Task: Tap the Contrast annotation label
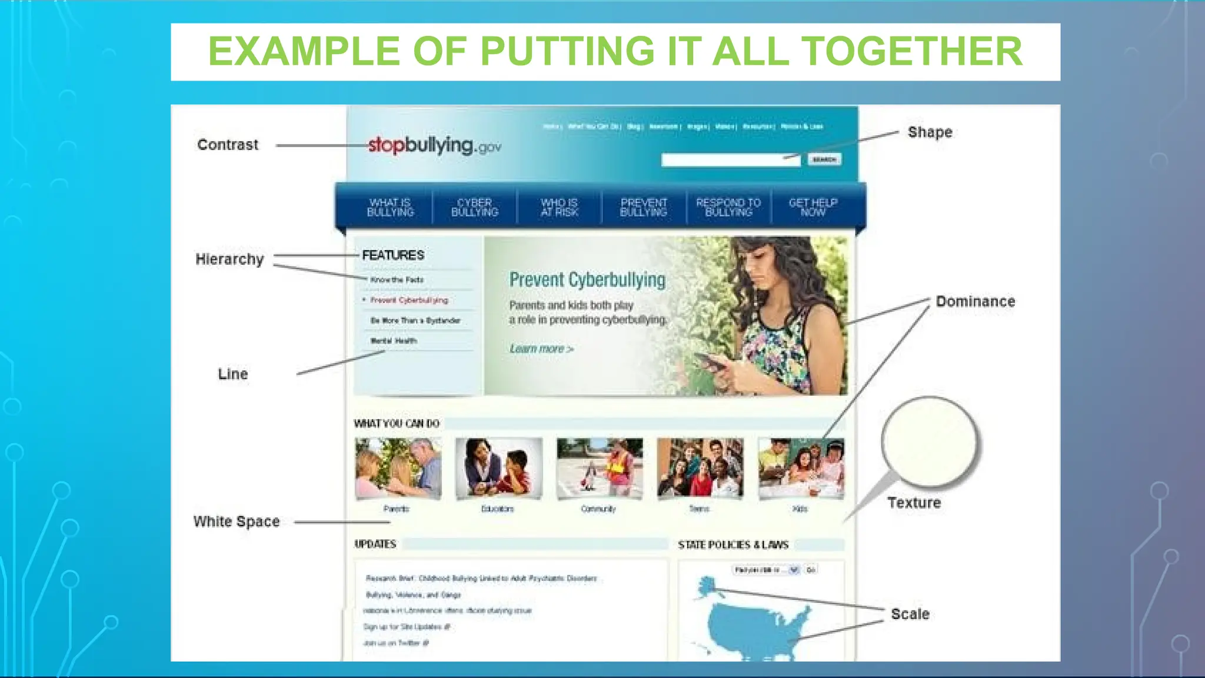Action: [x=228, y=145]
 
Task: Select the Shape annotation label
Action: [x=930, y=132]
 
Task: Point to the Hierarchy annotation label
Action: [x=229, y=260]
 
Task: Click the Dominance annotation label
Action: [x=975, y=301]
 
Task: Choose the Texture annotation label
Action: [x=914, y=503]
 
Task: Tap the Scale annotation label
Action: [x=910, y=614]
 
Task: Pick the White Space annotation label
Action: [x=237, y=521]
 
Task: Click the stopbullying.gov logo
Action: [x=434, y=145]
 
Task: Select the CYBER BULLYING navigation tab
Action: [x=474, y=207]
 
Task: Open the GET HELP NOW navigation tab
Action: [x=813, y=207]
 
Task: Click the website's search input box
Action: [x=730, y=160]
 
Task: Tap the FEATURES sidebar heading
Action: [x=393, y=255]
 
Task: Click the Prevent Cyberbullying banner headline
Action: [x=587, y=280]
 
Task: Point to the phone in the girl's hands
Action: [x=711, y=361]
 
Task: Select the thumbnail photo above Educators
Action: [x=499, y=468]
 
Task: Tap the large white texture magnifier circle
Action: [x=929, y=442]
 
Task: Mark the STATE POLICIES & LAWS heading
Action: [x=733, y=545]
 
